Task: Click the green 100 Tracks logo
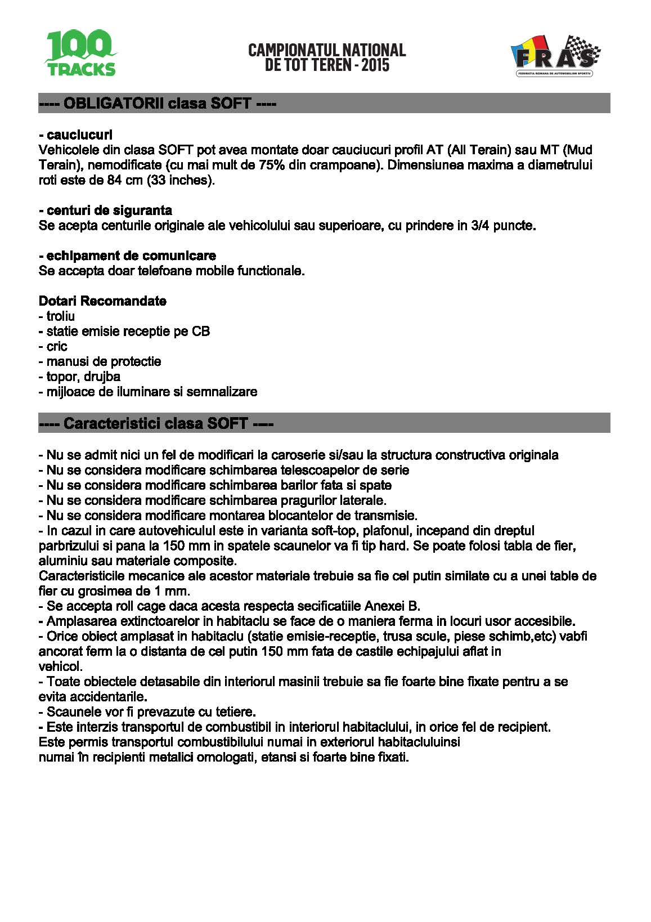[80, 54]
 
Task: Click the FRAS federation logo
[555, 56]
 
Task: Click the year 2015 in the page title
[375, 65]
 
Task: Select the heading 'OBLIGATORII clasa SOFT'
[157, 104]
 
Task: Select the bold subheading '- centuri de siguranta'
[105, 211]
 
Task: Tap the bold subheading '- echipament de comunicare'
[127, 256]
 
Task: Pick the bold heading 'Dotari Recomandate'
[102, 301]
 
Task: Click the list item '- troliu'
[57, 316]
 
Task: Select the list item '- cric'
[53, 347]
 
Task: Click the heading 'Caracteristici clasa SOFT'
[155, 423]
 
